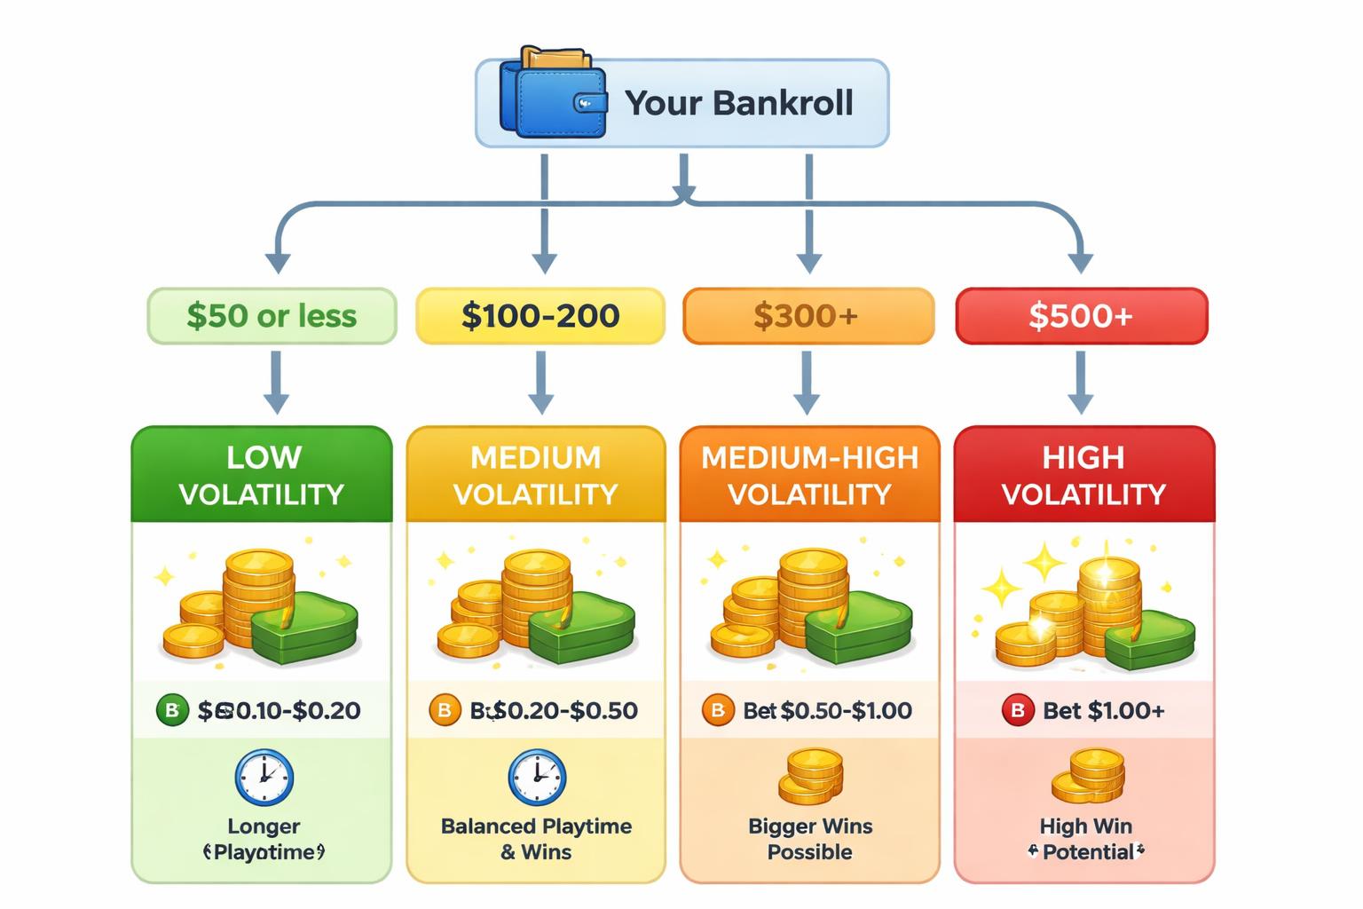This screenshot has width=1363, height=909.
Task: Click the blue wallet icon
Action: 553,95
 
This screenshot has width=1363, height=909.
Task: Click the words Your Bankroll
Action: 738,103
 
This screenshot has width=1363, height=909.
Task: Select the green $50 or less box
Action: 272,316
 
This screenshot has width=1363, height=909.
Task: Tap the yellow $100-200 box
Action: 540,316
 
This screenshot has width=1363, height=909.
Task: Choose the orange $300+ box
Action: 808,316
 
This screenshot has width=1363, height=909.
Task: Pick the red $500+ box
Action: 1081,316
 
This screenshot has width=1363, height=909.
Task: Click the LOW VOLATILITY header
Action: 262,475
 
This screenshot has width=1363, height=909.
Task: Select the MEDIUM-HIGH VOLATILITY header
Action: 809,475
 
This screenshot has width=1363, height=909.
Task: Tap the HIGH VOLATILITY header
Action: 1083,475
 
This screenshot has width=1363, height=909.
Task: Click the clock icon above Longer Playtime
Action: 264,778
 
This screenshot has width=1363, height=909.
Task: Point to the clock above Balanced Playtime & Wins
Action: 536,778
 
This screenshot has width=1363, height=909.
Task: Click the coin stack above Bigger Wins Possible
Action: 810,776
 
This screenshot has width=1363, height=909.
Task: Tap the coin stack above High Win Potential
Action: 1087,776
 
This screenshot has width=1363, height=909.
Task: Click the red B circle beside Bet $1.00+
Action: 1017,710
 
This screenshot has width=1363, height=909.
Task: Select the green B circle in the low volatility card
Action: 172,710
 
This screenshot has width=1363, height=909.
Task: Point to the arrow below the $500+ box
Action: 1080,383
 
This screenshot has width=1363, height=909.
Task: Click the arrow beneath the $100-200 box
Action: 540,383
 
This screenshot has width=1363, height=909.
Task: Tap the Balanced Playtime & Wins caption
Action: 536,839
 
